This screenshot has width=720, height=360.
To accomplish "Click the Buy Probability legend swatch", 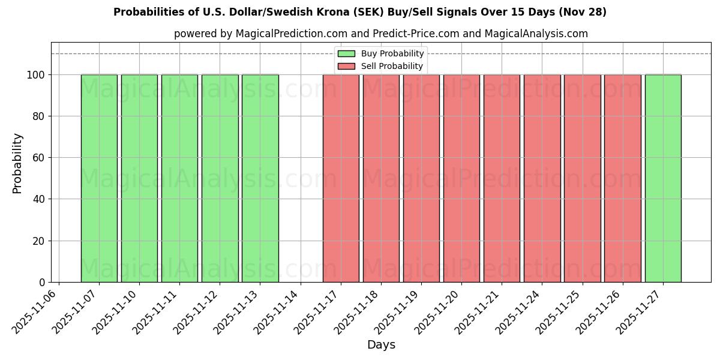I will click(x=346, y=54).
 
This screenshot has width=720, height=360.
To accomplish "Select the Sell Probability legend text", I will click(x=392, y=67).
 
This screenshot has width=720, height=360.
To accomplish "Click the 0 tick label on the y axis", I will click(x=43, y=283).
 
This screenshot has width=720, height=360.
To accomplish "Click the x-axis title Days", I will click(x=381, y=345).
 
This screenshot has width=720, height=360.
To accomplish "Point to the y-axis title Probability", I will click(x=17, y=163).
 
